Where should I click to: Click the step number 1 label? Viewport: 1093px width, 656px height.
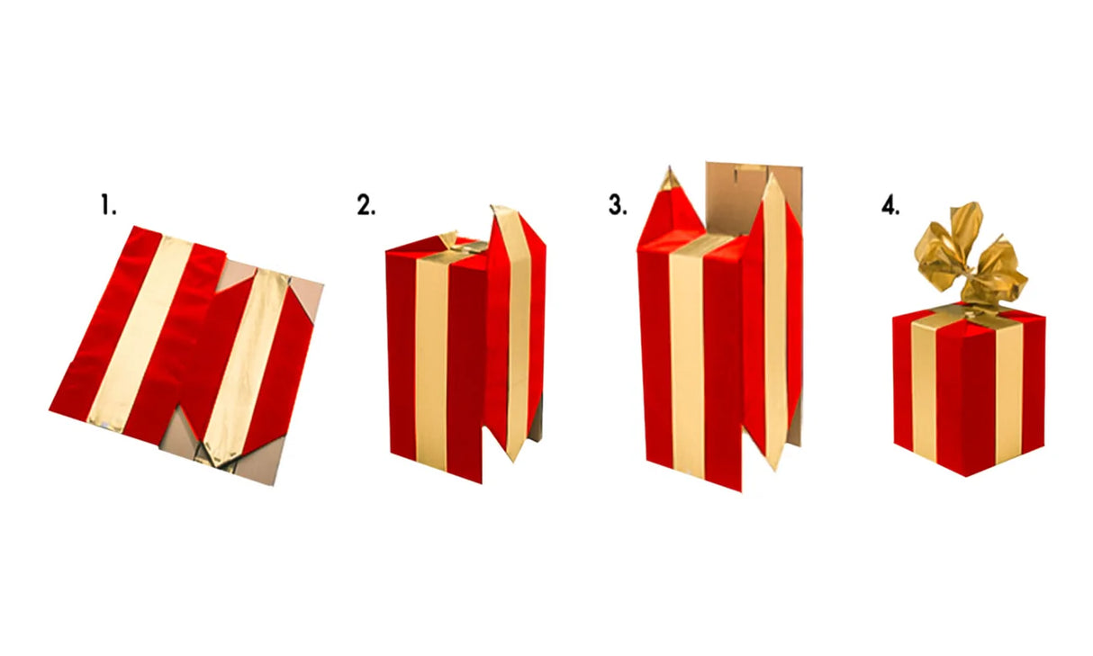(108, 205)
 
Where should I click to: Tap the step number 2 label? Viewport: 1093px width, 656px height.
(366, 205)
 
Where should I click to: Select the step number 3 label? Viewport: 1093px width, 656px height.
(618, 205)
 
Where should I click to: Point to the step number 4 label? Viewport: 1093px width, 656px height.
(890, 205)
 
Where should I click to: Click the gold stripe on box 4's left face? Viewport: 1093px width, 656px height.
(924, 391)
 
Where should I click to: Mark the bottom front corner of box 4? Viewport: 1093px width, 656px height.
(966, 476)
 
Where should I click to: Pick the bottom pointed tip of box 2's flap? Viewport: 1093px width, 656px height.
(513, 461)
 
